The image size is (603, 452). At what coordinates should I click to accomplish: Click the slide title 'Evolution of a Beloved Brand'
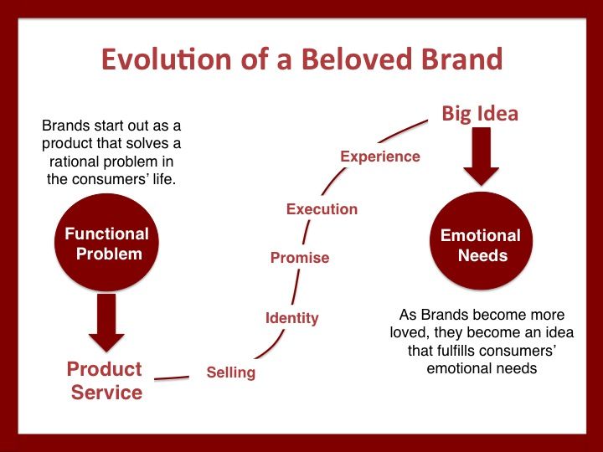click(x=301, y=60)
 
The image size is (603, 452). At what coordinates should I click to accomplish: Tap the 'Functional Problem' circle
click(x=106, y=244)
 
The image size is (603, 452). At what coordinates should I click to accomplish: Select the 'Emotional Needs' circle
click(x=481, y=244)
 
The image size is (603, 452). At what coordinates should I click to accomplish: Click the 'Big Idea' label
click(x=480, y=114)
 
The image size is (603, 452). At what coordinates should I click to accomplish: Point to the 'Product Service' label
click(x=105, y=380)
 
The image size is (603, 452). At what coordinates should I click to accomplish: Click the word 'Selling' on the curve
click(x=231, y=372)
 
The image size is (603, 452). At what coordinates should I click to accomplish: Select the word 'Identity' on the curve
click(x=291, y=318)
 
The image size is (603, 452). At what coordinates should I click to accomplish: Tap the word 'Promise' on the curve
click(x=299, y=258)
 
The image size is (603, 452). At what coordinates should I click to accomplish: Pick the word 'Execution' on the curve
click(x=322, y=209)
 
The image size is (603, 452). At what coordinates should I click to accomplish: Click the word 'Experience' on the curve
click(x=379, y=157)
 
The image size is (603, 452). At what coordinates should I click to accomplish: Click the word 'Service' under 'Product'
click(x=106, y=392)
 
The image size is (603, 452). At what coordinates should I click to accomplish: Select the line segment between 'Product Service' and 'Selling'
click(x=172, y=378)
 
